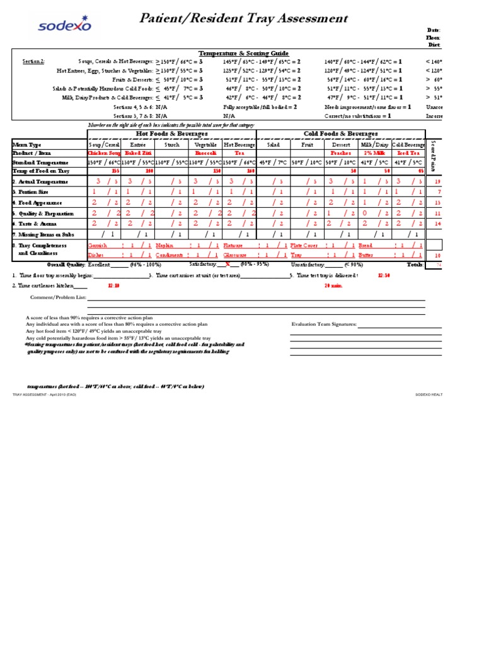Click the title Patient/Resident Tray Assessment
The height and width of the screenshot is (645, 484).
243,19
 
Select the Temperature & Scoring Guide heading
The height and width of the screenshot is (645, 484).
235,54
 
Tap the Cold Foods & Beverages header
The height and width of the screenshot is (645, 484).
340,134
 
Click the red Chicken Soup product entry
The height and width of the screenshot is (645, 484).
103,153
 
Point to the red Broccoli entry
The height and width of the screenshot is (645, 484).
205,153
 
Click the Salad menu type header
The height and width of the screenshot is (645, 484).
273,144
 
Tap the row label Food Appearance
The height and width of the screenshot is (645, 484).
37,203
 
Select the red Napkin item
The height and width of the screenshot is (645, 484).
164,245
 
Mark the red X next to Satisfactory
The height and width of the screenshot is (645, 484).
228,265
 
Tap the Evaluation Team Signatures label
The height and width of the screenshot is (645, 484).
325,324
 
